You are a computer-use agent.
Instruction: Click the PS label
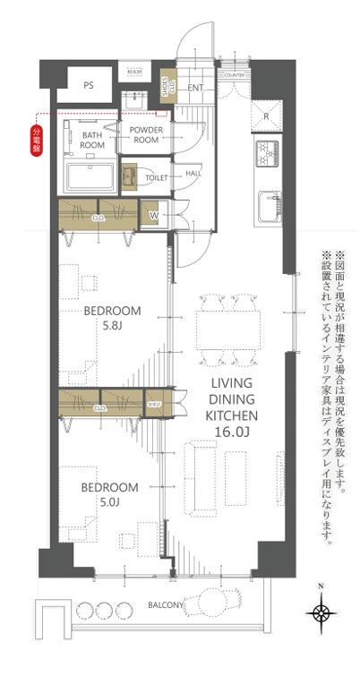88,86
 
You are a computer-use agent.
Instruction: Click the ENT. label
196,87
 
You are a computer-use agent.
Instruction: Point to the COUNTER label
234,75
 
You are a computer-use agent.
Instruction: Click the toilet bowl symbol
131,176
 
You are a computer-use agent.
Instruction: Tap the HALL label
193,173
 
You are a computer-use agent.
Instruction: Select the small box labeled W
153,215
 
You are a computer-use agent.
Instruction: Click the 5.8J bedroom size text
110,328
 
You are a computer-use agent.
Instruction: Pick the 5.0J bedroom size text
109,502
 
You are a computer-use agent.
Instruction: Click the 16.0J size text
233,432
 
